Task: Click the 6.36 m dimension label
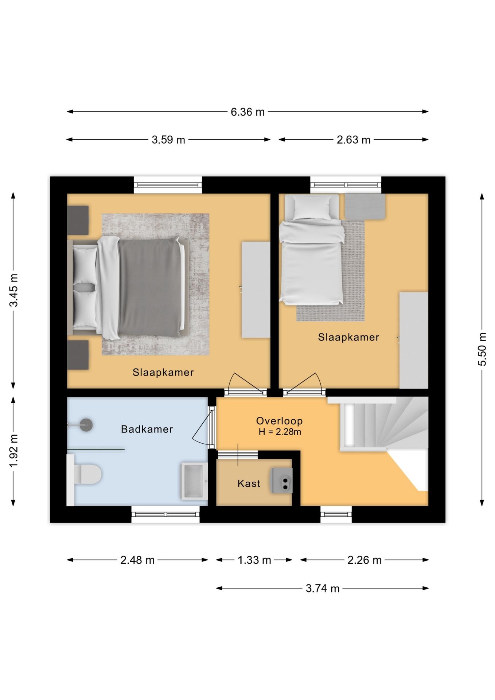pyautogui.click(x=247, y=112)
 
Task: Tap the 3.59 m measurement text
pyautogui.click(x=168, y=140)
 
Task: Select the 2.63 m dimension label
pyautogui.click(x=354, y=140)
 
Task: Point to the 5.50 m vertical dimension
pyautogui.click(x=482, y=349)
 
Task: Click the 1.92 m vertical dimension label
pyautogui.click(x=13, y=451)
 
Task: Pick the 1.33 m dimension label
pyautogui.click(x=254, y=560)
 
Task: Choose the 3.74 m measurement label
pyautogui.click(x=323, y=588)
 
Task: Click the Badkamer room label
pyautogui.click(x=147, y=429)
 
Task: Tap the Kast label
pyautogui.click(x=249, y=483)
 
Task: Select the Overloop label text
pyautogui.click(x=280, y=421)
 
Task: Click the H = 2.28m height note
pyautogui.click(x=280, y=432)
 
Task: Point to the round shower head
pyautogui.click(x=86, y=425)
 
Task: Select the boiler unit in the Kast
pyautogui.click(x=281, y=481)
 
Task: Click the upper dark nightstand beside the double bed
pyautogui.click(x=78, y=220)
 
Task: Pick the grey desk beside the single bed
pyautogui.click(x=365, y=206)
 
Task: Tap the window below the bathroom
pyautogui.click(x=165, y=514)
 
